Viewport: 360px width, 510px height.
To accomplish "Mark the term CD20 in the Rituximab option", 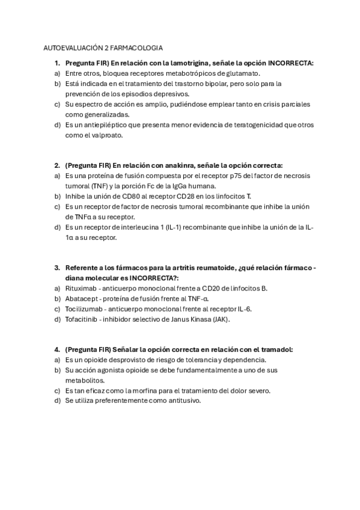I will [x=210, y=289].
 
